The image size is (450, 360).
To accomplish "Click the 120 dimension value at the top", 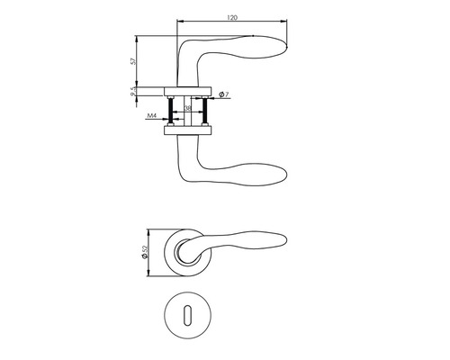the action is (232, 18).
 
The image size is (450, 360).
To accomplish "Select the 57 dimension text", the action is (133, 61).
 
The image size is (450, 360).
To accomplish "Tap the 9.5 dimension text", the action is (133, 92).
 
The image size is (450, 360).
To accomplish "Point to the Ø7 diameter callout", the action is (224, 94).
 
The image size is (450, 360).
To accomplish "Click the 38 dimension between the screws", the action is (187, 108).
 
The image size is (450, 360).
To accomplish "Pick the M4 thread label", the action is (152, 116).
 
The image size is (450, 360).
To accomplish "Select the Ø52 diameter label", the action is (144, 252).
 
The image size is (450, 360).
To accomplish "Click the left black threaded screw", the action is (171, 110).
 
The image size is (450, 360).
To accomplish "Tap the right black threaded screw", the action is (205, 110).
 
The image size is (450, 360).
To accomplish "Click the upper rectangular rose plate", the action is (188, 92).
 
